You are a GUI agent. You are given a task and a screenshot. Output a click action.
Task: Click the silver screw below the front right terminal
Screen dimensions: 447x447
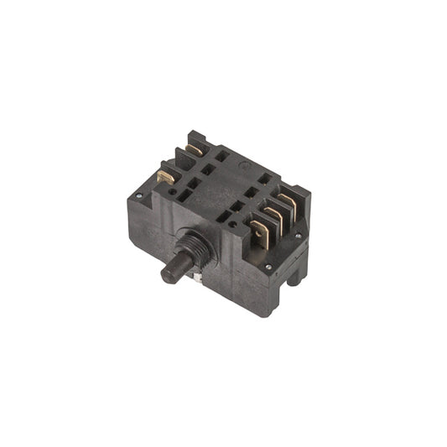(268, 268)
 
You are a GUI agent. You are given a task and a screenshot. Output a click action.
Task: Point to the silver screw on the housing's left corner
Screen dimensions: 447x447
(138, 196)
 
